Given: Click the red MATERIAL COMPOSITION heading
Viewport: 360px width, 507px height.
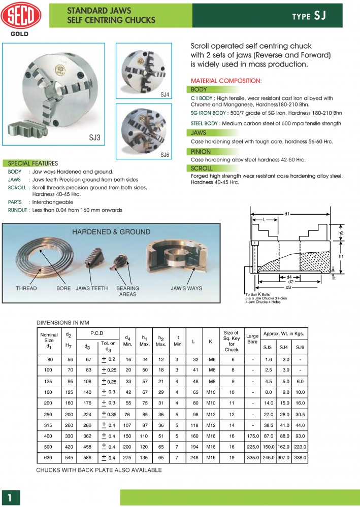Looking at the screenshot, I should [226, 81].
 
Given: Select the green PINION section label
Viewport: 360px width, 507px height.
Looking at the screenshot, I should [201, 152].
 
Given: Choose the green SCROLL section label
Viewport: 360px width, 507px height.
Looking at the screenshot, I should [202, 168].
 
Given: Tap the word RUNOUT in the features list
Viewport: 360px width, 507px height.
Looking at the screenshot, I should [18, 210].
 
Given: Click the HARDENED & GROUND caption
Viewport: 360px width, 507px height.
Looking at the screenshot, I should [111, 232].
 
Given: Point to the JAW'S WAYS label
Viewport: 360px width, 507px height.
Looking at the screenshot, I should [186, 288].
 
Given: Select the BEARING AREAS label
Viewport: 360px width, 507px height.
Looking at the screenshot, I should [127, 291].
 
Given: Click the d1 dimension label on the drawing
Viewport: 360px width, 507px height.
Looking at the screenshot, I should [287, 214].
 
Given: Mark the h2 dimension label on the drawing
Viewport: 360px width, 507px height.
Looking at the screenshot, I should [341, 233].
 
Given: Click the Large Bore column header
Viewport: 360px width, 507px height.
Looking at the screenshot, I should [252, 339].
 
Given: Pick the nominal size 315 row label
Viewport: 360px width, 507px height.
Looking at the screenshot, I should [49, 425].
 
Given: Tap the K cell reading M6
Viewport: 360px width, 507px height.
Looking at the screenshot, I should [210, 359].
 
